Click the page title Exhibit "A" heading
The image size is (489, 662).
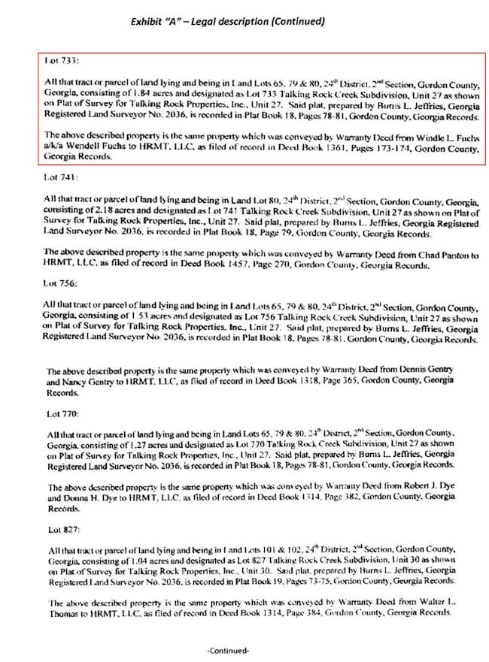pyautogui.click(x=228, y=22)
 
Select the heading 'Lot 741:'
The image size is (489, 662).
pyautogui.click(x=59, y=177)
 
